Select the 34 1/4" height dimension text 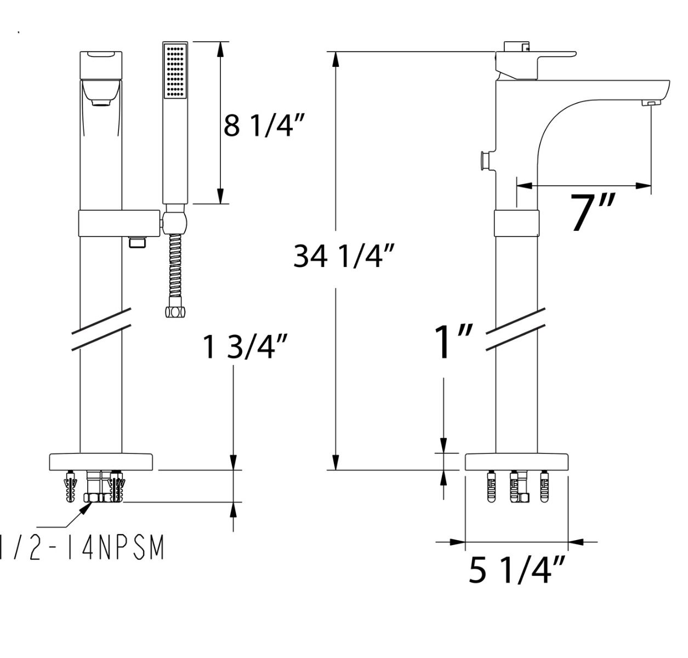pos(344,256)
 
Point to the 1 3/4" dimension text pos(246,347)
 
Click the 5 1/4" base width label pos(516,570)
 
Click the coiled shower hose pos(175,269)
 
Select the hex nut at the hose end pos(175,311)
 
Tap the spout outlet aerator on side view pos(651,103)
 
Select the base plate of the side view pos(516,462)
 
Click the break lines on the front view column pos(101,328)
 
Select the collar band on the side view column pos(516,223)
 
